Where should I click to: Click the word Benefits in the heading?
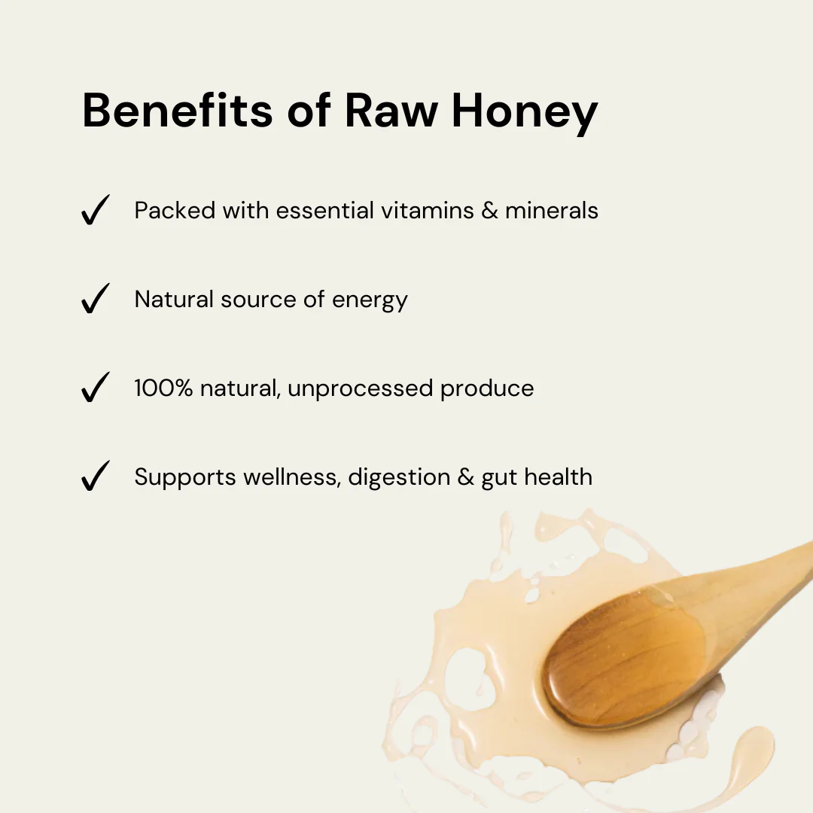(178, 109)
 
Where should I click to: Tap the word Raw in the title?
(391, 110)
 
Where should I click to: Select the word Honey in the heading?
(525, 114)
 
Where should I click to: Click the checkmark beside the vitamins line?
(96, 210)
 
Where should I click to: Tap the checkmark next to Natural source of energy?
(96, 299)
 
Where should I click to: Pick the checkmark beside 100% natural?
(96, 388)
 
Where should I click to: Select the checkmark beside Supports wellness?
(96, 476)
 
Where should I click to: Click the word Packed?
(175, 210)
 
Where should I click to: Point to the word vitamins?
(428, 210)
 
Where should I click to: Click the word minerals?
(552, 210)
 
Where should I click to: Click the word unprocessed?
(360, 389)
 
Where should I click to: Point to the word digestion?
(399, 477)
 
